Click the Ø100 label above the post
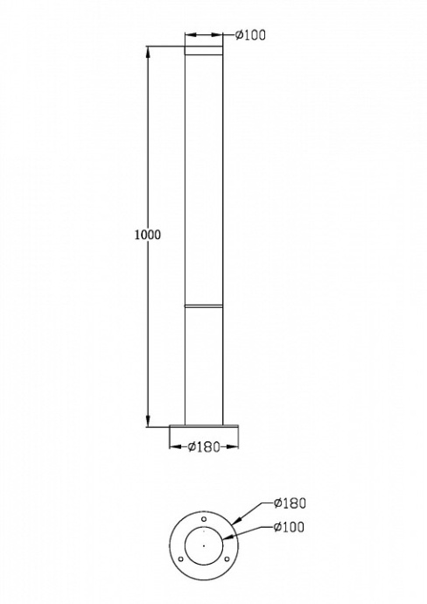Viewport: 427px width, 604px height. click(x=251, y=35)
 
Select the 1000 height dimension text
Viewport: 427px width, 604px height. click(x=149, y=235)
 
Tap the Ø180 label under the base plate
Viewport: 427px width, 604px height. click(x=203, y=447)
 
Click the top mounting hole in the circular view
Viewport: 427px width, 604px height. click(x=203, y=527)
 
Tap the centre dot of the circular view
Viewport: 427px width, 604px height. click(x=203, y=546)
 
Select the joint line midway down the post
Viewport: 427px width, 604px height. click(x=203, y=305)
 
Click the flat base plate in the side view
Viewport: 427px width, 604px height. click(x=203, y=427)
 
